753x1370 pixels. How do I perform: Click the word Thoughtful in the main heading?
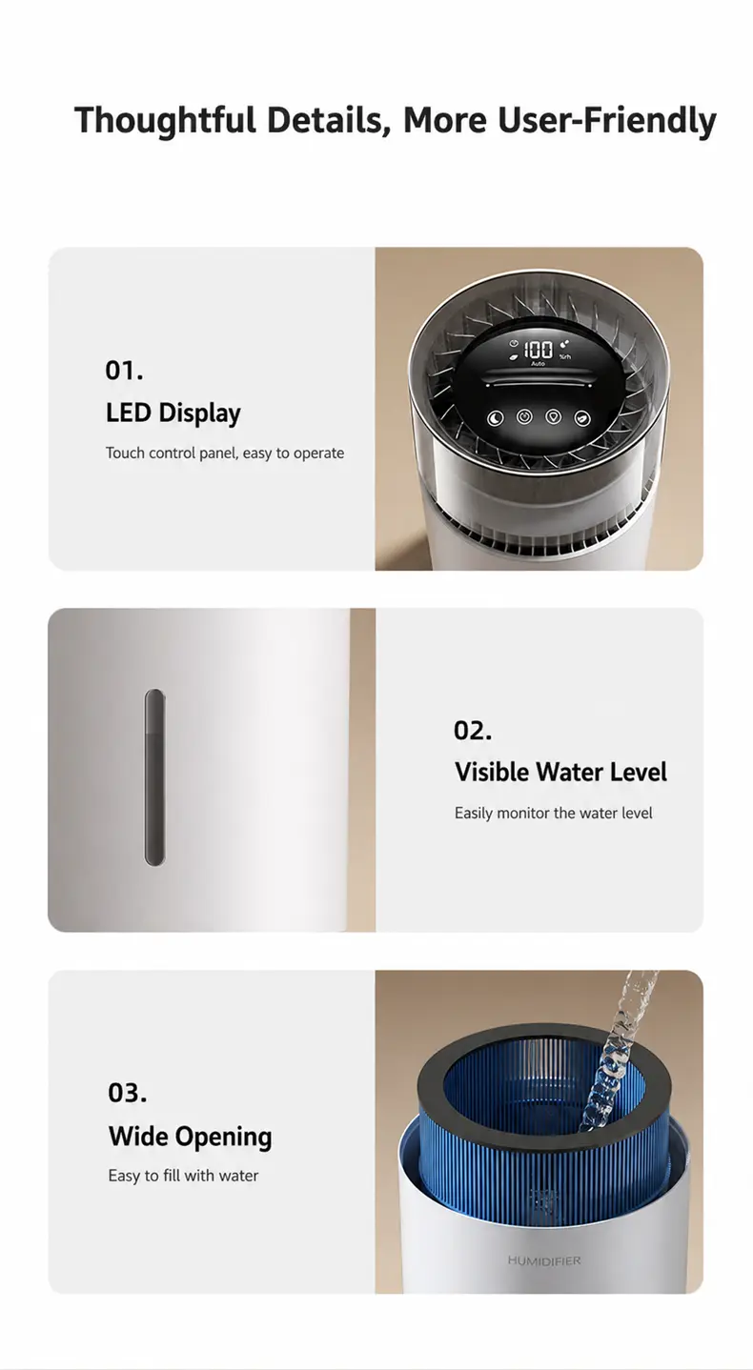click(x=165, y=120)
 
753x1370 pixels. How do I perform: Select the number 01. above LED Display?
click(x=124, y=370)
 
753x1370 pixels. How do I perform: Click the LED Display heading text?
click(x=173, y=413)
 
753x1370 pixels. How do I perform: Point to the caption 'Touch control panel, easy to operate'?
click(x=225, y=453)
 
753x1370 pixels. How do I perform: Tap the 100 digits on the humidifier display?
click(x=538, y=350)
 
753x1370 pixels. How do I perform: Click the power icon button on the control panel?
click(x=524, y=417)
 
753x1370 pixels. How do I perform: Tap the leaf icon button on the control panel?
click(x=581, y=417)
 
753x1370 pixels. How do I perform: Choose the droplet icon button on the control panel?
click(x=553, y=417)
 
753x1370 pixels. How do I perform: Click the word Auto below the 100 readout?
click(x=538, y=363)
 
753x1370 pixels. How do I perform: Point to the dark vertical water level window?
click(x=154, y=777)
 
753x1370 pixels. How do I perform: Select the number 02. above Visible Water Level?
click(x=473, y=731)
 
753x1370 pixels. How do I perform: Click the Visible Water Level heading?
click(x=560, y=772)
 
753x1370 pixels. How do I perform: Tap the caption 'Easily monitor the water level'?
click(x=554, y=813)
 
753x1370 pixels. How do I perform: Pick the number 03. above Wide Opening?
click(x=127, y=1093)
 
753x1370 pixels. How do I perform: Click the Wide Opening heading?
click(x=191, y=1137)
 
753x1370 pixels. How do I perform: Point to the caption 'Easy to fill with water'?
click(x=184, y=1176)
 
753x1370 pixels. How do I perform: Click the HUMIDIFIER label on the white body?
click(x=544, y=1259)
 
